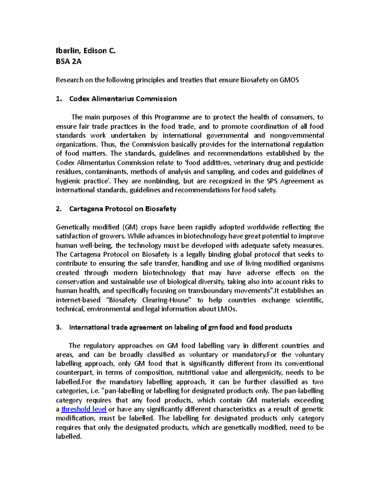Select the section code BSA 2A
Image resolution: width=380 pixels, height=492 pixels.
68,61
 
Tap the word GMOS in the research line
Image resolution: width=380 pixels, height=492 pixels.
289,80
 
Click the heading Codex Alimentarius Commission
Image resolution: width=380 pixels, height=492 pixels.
123,99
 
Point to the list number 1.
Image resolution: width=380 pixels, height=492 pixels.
58,99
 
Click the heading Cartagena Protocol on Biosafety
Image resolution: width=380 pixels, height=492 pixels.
123,209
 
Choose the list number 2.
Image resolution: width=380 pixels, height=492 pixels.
58,209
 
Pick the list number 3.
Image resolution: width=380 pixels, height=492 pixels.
58,328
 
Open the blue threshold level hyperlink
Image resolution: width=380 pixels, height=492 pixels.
84,409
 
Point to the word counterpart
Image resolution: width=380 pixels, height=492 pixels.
74,373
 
